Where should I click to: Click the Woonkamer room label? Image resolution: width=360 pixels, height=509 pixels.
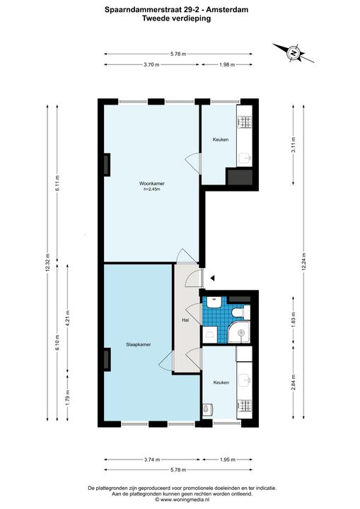[150, 183]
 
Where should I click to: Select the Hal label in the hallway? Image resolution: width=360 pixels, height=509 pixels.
[185, 320]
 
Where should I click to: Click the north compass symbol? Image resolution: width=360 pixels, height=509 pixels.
[294, 53]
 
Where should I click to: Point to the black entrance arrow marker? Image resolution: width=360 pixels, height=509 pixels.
[213, 278]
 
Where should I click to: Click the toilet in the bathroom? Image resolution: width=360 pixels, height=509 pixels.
[241, 312]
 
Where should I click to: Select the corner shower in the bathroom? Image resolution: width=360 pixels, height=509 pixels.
[239, 332]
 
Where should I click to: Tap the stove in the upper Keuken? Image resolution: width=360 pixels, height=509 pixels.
[245, 122]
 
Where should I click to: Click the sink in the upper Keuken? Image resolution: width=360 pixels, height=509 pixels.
[244, 158]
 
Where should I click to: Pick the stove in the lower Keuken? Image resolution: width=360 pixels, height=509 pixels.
[245, 404]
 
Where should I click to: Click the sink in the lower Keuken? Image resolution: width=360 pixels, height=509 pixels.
[245, 380]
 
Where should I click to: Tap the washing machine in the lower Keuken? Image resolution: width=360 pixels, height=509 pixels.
[207, 409]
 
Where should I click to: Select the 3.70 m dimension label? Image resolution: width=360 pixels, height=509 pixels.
[152, 64]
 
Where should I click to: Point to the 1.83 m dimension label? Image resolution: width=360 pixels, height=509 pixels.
[294, 320]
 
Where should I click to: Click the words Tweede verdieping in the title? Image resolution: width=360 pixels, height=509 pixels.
[176, 18]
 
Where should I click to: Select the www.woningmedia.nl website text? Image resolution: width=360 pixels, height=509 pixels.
[184, 499]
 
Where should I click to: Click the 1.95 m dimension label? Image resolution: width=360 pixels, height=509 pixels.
[227, 460]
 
